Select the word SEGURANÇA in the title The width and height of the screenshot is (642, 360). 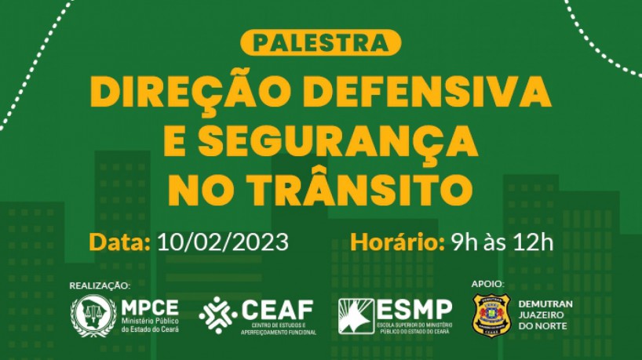[x=337, y=140]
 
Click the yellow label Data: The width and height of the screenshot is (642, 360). [x=119, y=241]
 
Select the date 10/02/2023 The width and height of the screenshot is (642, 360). [x=222, y=241]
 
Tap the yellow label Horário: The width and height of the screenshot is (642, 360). [x=394, y=241]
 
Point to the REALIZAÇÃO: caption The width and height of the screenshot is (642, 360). [x=100, y=285]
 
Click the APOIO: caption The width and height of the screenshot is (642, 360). [x=487, y=283]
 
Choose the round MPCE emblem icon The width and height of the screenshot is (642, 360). [x=93, y=315]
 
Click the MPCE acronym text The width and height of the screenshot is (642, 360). [x=150, y=307]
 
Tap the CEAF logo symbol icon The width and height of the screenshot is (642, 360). [x=218, y=315]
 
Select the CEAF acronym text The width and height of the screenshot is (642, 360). [x=278, y=308]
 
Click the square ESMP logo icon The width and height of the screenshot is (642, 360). [x=356, y=316]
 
